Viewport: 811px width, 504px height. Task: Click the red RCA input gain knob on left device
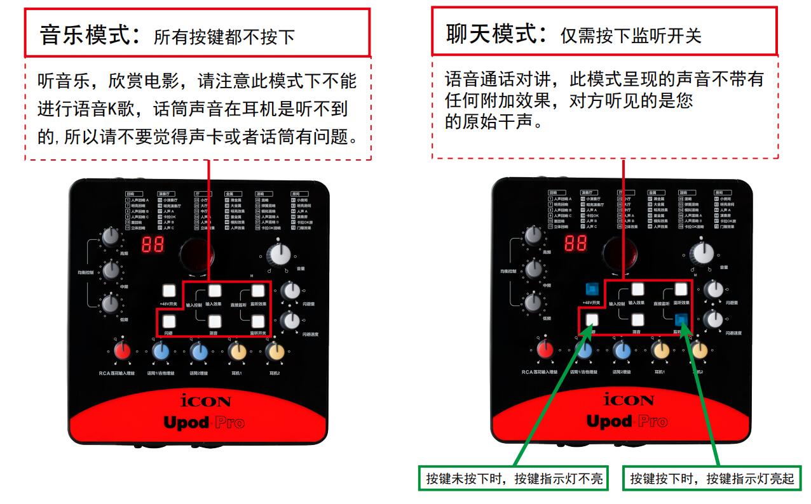(x=123, y=350)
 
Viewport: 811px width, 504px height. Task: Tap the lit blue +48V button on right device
(x=592, y=289)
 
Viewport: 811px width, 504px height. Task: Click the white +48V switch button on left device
(x=168, y=291)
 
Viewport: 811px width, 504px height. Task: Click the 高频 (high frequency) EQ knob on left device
(x=112, y=237)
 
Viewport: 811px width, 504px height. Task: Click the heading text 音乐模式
(x=88, y=35)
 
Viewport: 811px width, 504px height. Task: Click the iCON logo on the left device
(x=206, y=401)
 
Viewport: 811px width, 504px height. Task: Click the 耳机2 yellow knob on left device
(x=275, y=350)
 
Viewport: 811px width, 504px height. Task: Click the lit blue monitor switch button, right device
(x=682, y=320)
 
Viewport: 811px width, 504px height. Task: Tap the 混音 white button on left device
(x=214, y=322)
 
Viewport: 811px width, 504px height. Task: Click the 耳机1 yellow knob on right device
(x=660, y=350)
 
